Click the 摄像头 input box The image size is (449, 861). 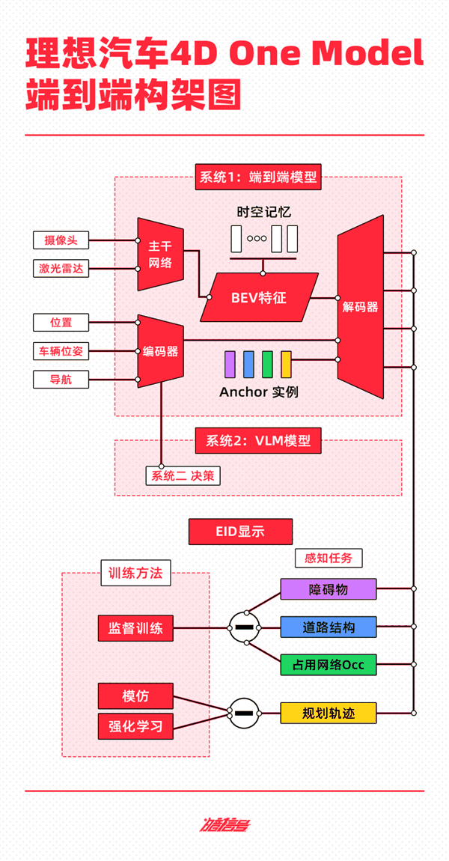pos(61,240)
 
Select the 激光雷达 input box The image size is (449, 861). pos(61,268)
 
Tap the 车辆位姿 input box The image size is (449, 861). pos(61,350)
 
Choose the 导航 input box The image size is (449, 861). pos(61,379)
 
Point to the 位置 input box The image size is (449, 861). pos(61,323)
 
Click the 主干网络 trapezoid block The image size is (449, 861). pos(160,254)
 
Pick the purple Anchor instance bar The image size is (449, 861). pos(230,364)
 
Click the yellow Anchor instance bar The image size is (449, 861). pos(286,364)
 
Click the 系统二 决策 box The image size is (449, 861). pos(183,475)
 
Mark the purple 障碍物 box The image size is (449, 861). pos(329,589)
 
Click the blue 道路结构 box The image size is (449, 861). pos(329,627)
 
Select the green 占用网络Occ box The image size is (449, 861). pos(329,664)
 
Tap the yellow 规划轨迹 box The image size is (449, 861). pos(329,712)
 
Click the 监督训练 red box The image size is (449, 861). pos(135,628)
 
